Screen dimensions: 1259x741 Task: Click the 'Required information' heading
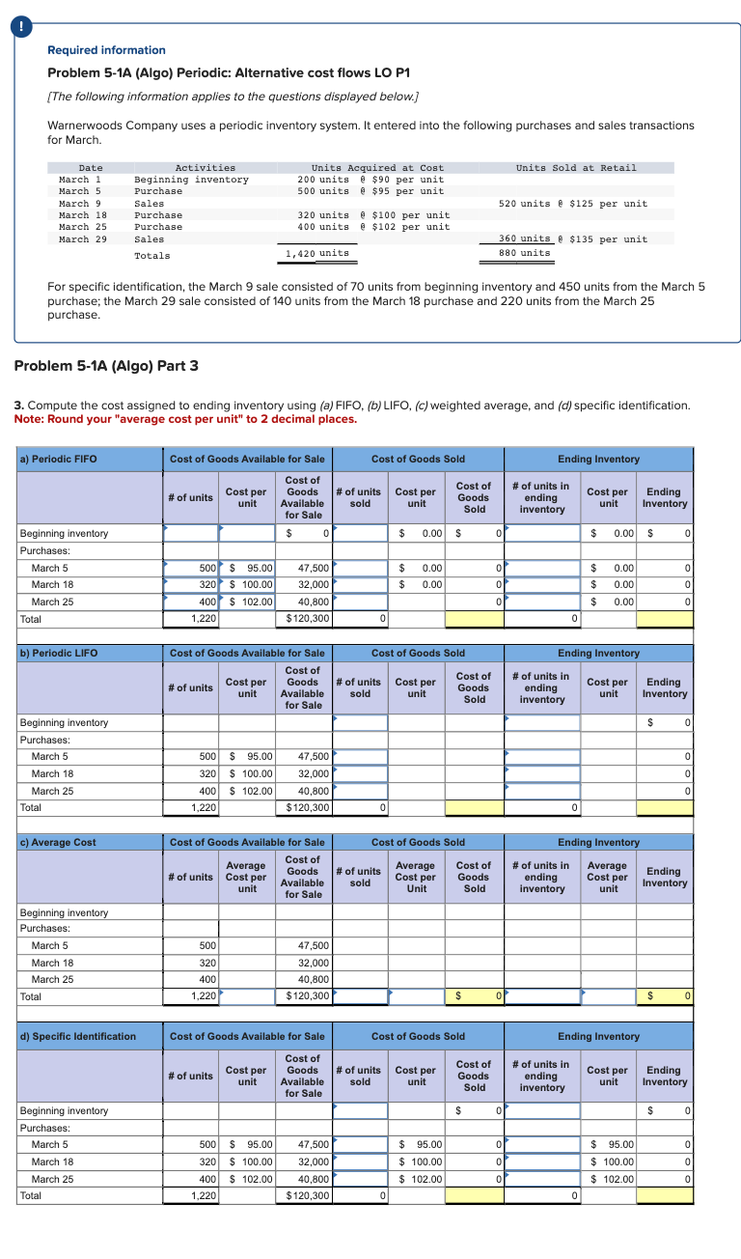click(106, 50)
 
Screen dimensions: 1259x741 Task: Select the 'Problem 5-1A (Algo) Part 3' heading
click(106, 365)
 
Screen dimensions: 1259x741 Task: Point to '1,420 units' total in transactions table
click(317, 253)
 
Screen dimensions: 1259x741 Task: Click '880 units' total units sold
click(525, 253)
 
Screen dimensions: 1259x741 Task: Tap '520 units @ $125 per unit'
click(573, 204)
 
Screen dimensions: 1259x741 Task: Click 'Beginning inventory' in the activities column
click(191, 180)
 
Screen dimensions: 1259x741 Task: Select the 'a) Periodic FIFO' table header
click(58, 459)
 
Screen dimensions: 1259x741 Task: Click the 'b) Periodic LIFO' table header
click(58, 653)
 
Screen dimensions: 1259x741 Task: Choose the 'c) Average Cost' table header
click(58, 842)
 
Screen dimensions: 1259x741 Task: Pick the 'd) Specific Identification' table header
click(78, 1036)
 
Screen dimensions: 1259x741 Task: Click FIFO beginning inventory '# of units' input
click(191, 533)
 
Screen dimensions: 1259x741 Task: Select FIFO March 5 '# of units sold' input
click(360, 568)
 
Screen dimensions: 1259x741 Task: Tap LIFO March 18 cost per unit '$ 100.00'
click(248, 773)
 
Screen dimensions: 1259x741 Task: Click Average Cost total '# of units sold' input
click(360, 995)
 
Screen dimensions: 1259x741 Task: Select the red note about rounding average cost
click(186, 419)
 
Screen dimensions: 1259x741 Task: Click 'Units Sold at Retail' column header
click(576, 168)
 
